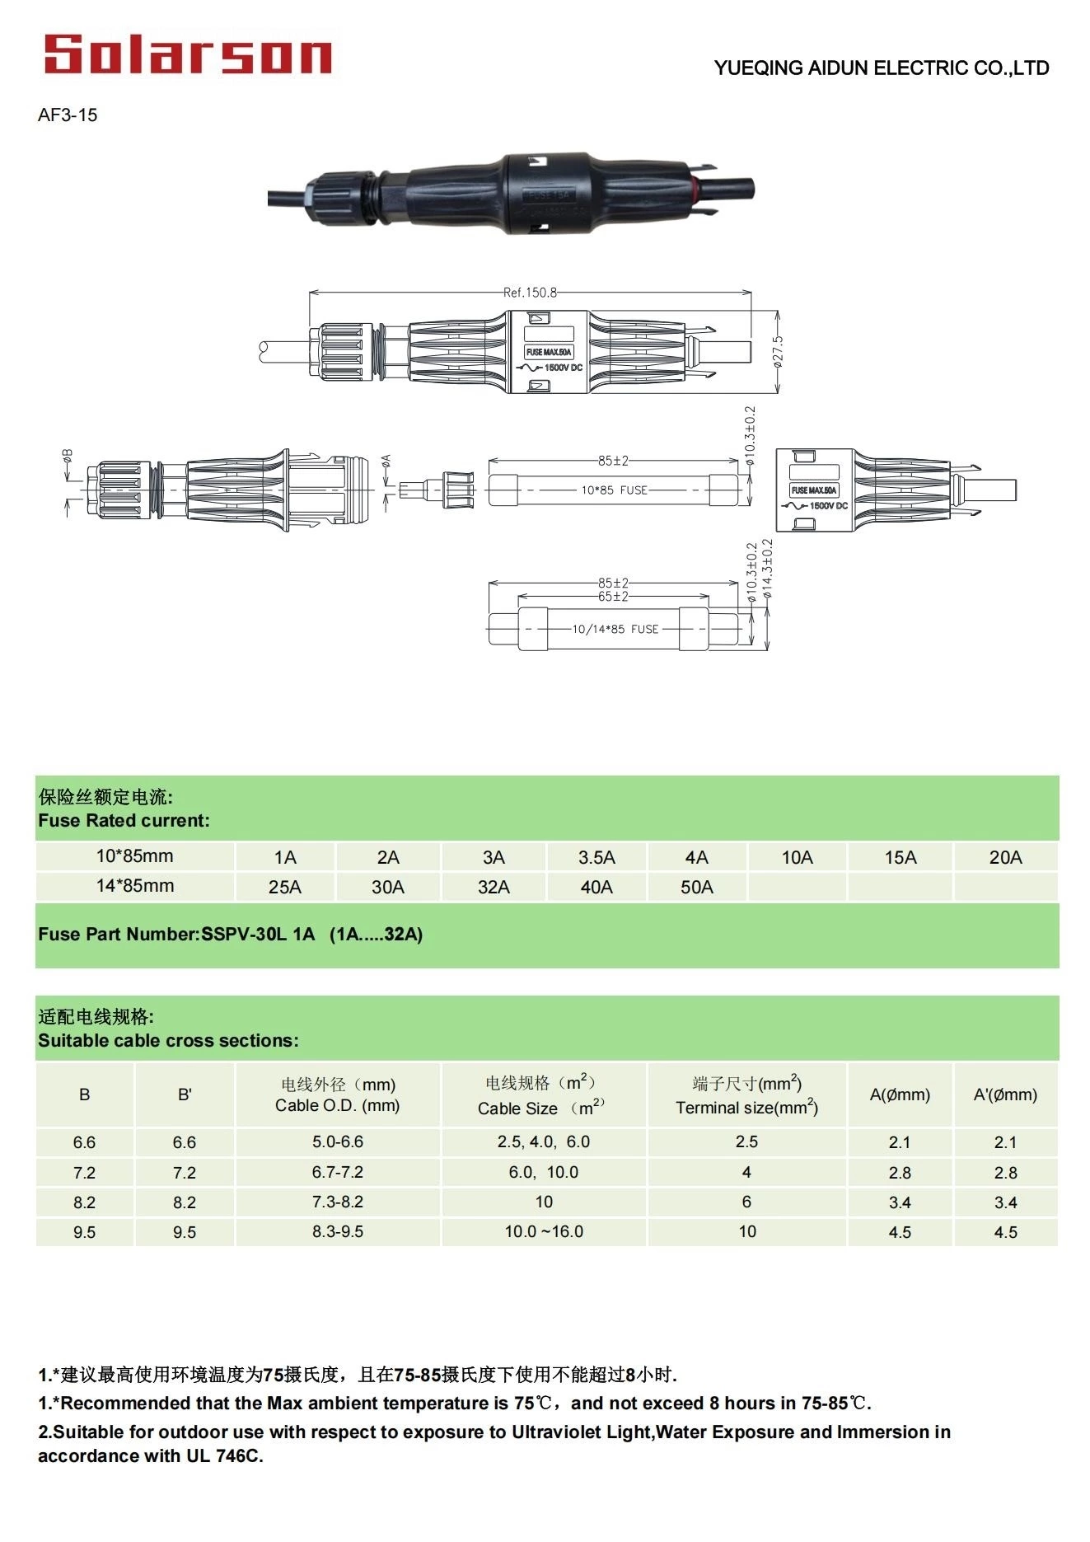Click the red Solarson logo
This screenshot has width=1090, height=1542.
[188, 54]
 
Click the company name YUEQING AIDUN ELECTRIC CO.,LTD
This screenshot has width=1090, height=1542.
[881, 68]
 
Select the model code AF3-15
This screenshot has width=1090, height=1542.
[68, 115]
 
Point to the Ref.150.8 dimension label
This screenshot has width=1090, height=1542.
[530, 293]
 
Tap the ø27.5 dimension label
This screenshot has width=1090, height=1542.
[778, 351]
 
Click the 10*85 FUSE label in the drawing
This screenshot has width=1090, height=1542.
[614, 490]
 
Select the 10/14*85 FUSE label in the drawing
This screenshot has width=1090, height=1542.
[615, 629]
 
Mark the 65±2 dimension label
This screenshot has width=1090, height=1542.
[613, 596]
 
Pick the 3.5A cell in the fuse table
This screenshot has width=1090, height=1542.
[596, 858]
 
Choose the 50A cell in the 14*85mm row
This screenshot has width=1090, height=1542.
[696, 888]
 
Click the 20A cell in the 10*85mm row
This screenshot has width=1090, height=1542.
[1005, 858]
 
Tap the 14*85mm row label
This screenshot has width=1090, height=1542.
[135, 886]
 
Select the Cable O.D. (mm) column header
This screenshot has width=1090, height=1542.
[337, 1105]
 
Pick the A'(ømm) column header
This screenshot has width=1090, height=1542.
[1005, 1095]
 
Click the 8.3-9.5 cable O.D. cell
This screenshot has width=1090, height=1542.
[337, 1232]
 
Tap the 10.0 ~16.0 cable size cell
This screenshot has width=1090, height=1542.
[544, 1232]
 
